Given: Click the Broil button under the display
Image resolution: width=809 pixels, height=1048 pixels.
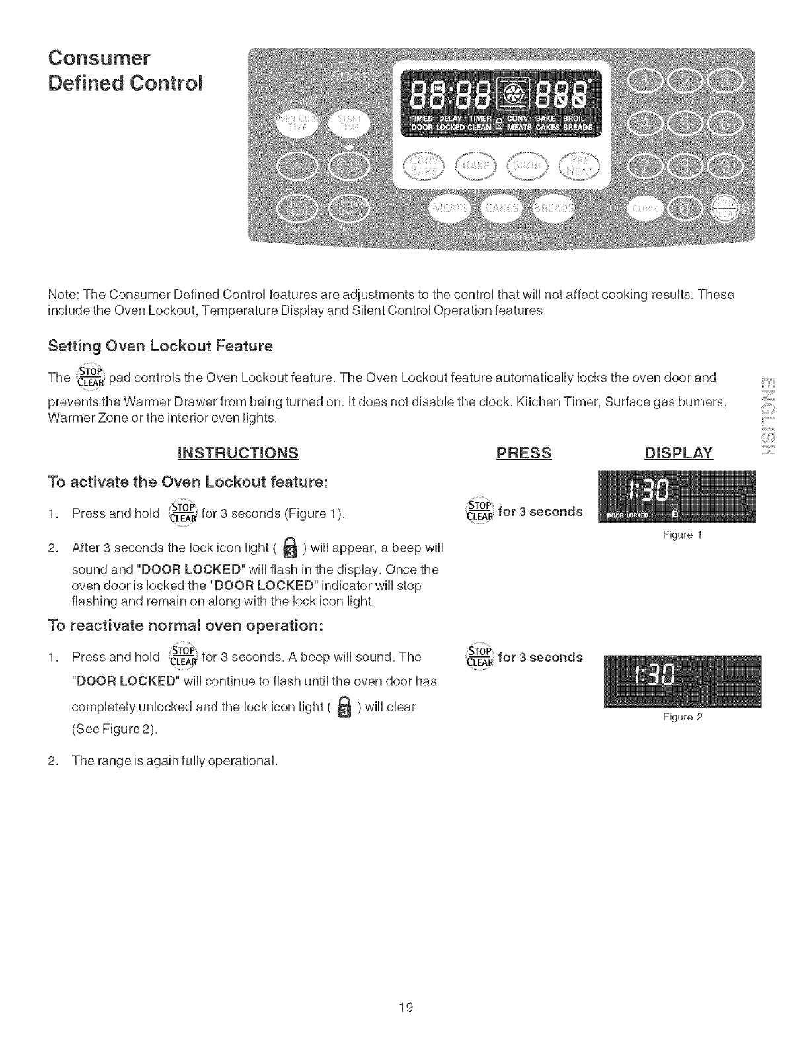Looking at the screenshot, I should tap(527, 165).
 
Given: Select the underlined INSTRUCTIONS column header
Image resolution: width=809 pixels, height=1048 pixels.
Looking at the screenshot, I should tap(238, 453).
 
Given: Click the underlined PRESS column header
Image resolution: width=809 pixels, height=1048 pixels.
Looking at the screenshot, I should tap(523, 453).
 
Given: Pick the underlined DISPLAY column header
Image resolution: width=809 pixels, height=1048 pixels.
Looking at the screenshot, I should tap(678, 453).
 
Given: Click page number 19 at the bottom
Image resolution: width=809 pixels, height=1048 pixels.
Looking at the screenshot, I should tap(405, 1008).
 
